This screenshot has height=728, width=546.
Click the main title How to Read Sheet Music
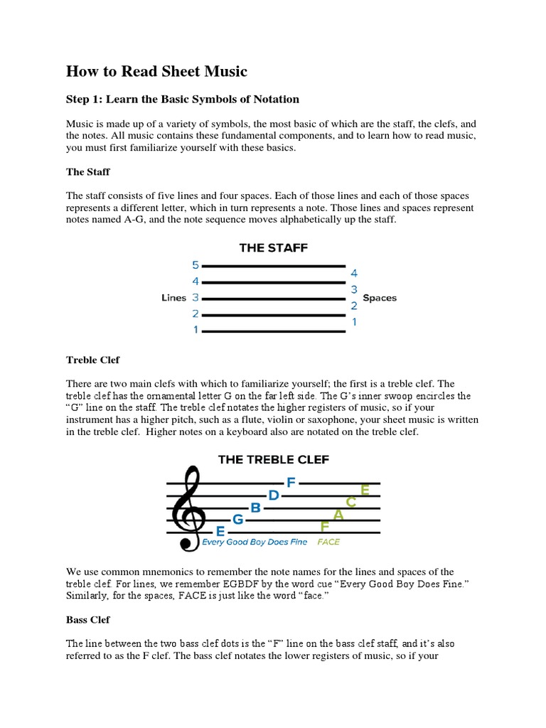[157, 71]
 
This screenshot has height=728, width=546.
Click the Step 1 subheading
[183, 99]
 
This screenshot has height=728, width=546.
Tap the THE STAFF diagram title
[273, 248]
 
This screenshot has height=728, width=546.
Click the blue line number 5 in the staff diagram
[196, 265]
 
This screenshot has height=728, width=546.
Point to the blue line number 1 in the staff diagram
[196, 331]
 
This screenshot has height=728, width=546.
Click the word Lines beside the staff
[174, 298]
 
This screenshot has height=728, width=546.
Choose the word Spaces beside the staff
[380, 298]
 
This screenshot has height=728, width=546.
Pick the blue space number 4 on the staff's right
[354, 273]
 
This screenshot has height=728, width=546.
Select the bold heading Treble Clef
[94, 360]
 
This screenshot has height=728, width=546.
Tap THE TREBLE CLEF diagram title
[274, 459]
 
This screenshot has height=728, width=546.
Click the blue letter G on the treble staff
[238, 520]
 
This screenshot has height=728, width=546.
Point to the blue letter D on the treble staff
[274, 495]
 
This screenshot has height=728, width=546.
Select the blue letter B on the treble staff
[256, 508]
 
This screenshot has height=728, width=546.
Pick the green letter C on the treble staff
[351, 502]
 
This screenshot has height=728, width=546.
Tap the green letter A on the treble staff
[338, 515]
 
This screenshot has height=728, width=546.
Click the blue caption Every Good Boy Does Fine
[255, 542]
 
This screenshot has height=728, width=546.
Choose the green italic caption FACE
[328, 542]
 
